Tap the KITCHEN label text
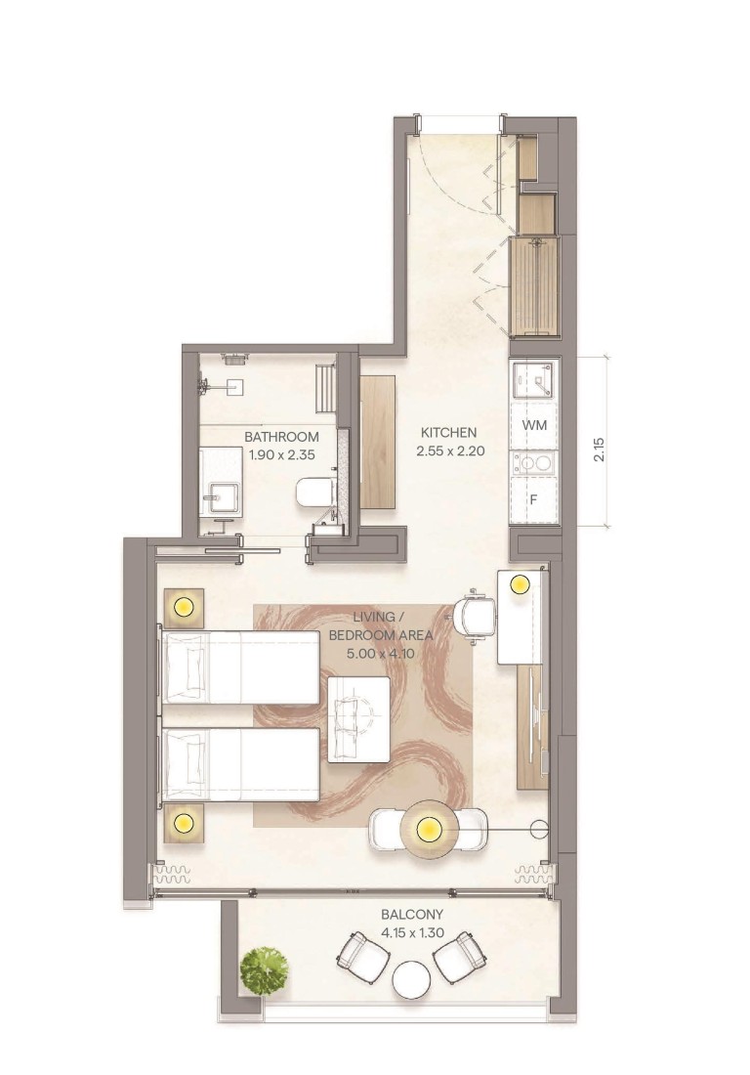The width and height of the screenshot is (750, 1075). point(448,432)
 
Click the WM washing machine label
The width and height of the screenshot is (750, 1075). point(534,425)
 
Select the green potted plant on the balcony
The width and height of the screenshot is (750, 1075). point(265,969)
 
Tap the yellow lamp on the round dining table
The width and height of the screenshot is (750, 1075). point(427,831)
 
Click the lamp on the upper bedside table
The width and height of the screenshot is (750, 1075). point(183,608)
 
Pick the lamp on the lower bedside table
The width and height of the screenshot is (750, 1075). point(183,824)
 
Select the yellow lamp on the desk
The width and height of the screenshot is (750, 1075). point(519,584)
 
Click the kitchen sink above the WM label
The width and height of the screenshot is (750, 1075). point(533,382)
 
